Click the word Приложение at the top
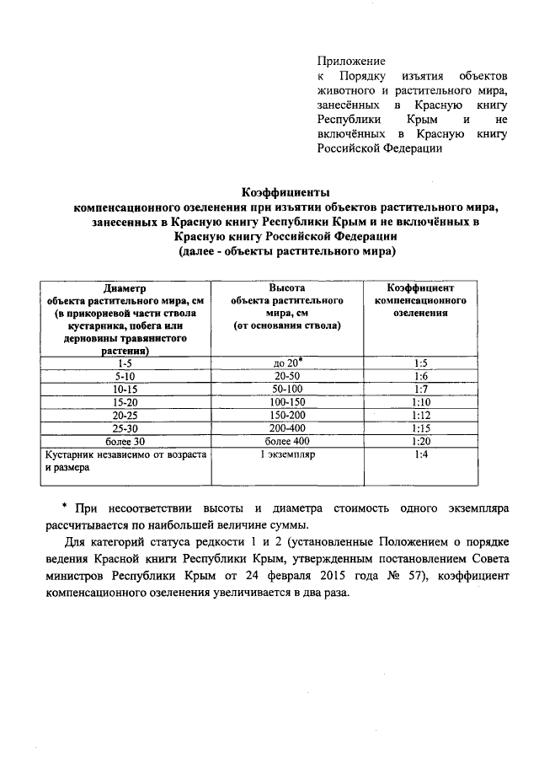[x=351, y=61]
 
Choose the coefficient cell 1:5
[x=422, y=363]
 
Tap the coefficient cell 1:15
[x=422, y=427]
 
